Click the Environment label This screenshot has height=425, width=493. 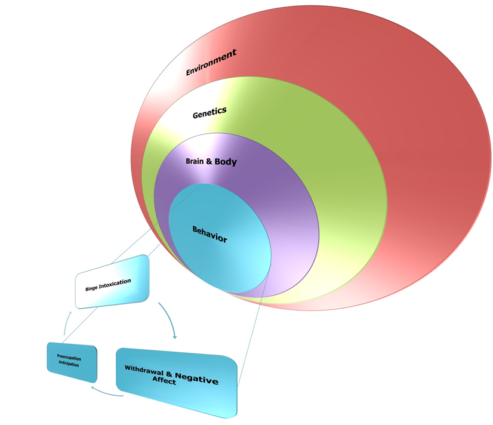click(x=211, y=63)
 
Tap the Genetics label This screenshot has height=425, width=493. click(x=209, y=112)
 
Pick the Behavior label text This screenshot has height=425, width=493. click(x=209, y=234)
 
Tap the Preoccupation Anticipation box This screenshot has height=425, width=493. click(x=72, y=362)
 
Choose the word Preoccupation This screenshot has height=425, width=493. click(x=69, y=358)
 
